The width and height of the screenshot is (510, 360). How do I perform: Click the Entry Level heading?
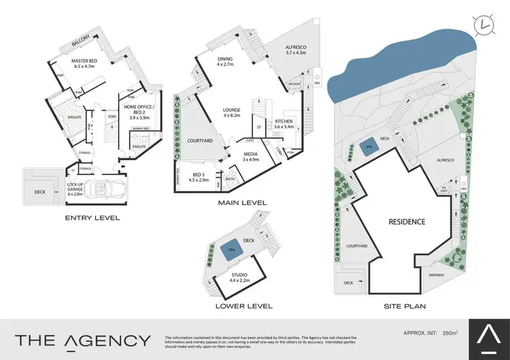click(92, 218)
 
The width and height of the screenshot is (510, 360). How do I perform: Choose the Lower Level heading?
click(243, 306)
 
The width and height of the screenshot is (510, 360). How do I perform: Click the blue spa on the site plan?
click(367, 146)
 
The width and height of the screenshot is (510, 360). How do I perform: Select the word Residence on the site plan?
click(407, 222)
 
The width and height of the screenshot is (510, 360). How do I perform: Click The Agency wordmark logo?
click(83, 340)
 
